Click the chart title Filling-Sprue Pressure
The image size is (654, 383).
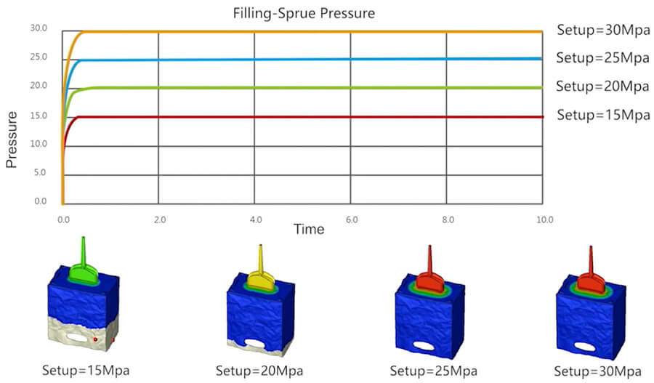click(304, 13)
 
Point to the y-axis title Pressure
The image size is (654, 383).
click(12, 140)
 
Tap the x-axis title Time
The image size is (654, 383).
click(309, 229)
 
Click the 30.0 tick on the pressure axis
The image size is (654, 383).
click(39, 28)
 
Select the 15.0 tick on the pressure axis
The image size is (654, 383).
click(39, 116)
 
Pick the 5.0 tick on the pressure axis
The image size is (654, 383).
click(40, 172)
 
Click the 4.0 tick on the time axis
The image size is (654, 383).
click(256, 219)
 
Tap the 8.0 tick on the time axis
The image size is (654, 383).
click(448, 219)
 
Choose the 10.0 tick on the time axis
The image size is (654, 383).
click(544, 219)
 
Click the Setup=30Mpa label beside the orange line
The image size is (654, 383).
click(603, 30)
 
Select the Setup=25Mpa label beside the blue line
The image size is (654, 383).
click(602, 57)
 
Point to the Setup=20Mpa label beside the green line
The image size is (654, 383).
click(602, 86)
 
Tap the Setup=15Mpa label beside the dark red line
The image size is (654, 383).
click(603, 114)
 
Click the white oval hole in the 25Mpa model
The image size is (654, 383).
click(424, 346)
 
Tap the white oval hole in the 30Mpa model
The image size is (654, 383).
click(584, 346)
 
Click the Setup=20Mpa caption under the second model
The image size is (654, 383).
click(259, 371)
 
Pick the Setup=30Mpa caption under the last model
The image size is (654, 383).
click(597, 371)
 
